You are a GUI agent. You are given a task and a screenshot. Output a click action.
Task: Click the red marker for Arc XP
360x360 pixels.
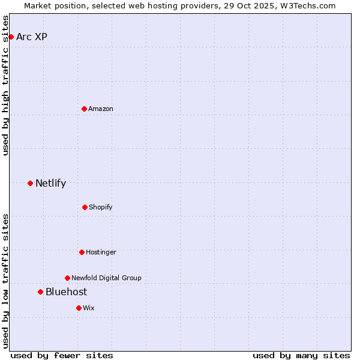[11, 37]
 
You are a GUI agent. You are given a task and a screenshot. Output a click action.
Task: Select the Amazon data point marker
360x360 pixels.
[84, 109]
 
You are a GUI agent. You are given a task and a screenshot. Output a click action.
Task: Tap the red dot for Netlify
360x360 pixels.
[30, 183]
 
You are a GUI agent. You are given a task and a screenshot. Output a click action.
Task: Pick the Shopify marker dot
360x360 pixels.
[85, 207]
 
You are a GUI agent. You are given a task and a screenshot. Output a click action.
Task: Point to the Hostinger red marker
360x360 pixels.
[82, 252]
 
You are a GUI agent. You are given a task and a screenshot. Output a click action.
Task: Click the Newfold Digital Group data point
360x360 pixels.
[67, 278]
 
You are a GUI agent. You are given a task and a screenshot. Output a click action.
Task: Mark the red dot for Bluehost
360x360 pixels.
[40, 292]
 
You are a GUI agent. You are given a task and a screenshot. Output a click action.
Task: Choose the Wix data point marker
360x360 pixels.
[79, 308]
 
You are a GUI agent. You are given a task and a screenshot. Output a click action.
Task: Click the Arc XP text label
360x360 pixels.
[32, 37]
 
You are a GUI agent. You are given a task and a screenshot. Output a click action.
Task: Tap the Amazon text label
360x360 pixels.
[101, 109]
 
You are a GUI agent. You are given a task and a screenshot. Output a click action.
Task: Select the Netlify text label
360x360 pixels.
[50, 183]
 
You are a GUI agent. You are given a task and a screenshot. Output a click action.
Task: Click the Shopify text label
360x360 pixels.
[101, 207]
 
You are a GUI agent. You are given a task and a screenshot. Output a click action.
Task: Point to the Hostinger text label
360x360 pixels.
[101, 252]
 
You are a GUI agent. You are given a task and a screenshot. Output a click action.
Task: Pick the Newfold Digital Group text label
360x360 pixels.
[106, 278]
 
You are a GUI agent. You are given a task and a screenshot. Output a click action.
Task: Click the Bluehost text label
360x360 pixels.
[66, 292]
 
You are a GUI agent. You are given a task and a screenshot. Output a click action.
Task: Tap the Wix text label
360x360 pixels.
[89, 308]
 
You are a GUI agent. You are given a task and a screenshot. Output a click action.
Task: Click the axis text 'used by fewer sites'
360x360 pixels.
[62, 355]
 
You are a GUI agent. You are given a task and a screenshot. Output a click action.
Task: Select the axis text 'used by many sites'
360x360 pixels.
[301, 355]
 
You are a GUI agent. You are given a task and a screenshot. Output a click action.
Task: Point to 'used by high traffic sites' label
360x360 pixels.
[5, 85]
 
